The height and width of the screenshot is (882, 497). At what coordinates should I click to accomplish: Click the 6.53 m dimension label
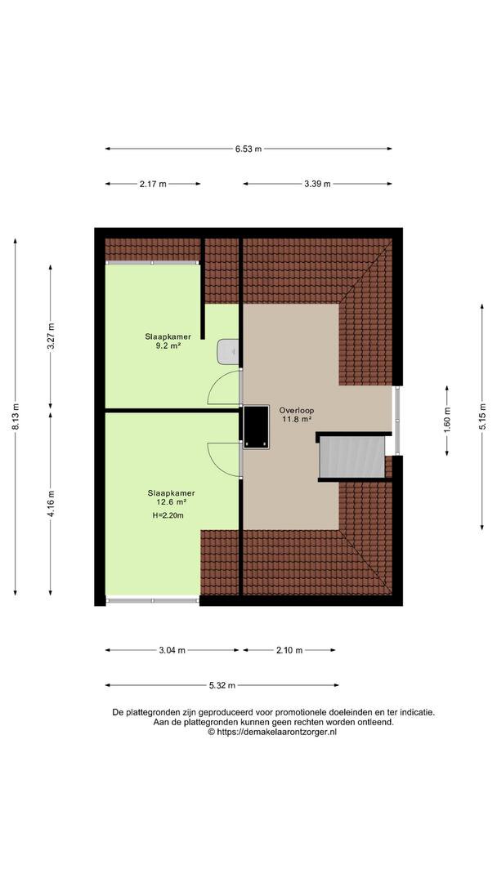pyautogui.click(x=248, y=149)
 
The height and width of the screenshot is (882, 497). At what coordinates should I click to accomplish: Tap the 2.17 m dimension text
pyautogui.click(x=153, y=184)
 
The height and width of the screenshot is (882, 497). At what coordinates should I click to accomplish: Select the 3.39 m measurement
pyautogui.click(x=317, y=184)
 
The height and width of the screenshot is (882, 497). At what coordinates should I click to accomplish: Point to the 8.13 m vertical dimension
pyautogui.click(x=16, y=416)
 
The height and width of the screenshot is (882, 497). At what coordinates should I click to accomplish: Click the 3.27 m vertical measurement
pyautogui.click(x=51, y=337)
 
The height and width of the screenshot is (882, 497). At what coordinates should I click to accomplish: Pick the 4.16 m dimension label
pyautogui.click(x=51, y=505)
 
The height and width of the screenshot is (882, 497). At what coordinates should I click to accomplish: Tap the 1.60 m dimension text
pyautogui.click(x=447, y=421)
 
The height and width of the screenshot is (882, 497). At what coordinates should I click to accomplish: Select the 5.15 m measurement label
pyautogui.click(x=482, y=416)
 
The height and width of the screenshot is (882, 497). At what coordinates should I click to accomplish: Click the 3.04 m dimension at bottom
pyautogui.click(x=172, y=650)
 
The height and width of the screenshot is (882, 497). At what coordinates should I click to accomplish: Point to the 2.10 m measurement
pyautogui.click(x=289, y=650)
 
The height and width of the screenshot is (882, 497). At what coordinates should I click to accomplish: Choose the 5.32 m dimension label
pyautogui.click(x=222, y=685)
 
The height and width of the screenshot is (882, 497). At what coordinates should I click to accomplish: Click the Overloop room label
pyautogui.click(x=297, y=410)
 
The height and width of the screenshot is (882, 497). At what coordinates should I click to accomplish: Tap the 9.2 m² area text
pyautogui.click(x=168, y=346)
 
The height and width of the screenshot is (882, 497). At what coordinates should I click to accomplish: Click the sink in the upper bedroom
pyautogui.click(x=229, y=352)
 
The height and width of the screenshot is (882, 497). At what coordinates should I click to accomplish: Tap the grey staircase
pyautogui.click(x=352, y=457)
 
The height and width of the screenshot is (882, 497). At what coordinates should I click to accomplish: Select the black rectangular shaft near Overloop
pyautogui.click(x=256, y=427)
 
